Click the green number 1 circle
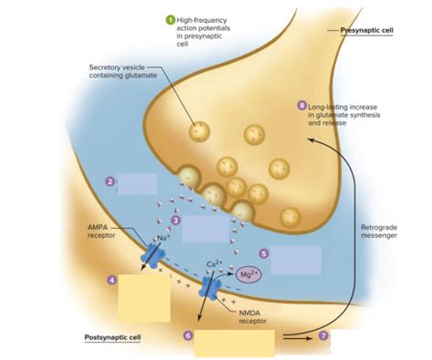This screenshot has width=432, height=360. pyautogui.click(x=169, y=19)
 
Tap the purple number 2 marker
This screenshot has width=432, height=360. pyautogui.click(x=109, y=181)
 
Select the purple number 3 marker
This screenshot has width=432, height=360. pyautogui.click(x=176, y=219)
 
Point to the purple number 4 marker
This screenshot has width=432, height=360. pyautogui.click(x=111, y=281)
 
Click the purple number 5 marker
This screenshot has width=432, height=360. pyautogui.click(x=263, y=254)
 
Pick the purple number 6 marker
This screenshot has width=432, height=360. pyautogui.click(x=188, y=335)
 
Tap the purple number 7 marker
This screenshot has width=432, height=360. pyautogui.click(x=323, y=336)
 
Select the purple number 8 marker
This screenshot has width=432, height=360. pyautogui.click(x=302, y=106)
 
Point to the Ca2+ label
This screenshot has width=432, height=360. pyautogui.click(x=215, y=265)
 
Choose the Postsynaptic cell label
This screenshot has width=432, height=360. pyautogui.click(x=112, y=336)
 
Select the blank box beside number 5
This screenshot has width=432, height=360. pyautogui.click(x=295, y=260)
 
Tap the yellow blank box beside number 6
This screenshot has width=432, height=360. pyautogui.click(x=233, y=344)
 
